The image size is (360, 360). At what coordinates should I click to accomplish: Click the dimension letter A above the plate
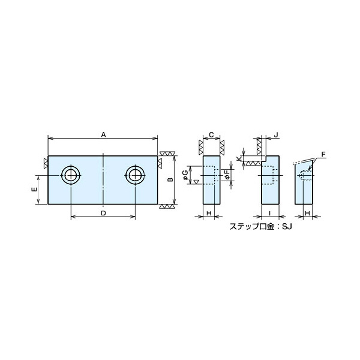[103, 135]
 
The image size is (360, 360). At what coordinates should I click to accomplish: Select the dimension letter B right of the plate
[170, 179]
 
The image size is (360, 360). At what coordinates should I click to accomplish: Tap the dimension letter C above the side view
[212, 135]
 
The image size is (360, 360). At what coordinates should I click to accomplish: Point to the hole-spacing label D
[103, 213]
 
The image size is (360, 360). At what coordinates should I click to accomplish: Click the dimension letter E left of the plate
[34, 190]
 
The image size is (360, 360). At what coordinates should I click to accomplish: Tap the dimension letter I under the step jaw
[270, 213]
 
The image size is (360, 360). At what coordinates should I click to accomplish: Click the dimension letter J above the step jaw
[276, 135]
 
